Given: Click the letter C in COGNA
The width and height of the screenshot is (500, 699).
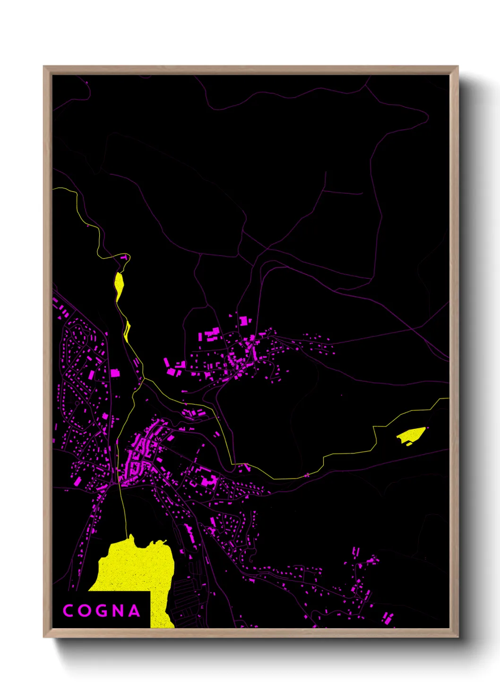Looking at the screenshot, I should (69, 611).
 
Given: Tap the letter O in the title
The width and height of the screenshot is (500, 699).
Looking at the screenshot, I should (85, 611).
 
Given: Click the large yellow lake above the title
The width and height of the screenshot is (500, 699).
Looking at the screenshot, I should (137, 567).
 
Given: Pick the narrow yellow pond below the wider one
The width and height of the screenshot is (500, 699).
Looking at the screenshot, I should (127, 331).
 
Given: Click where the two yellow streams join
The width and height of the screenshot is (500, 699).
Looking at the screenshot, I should (142, 379).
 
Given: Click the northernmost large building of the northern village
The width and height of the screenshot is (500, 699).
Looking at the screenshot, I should (244, 321).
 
